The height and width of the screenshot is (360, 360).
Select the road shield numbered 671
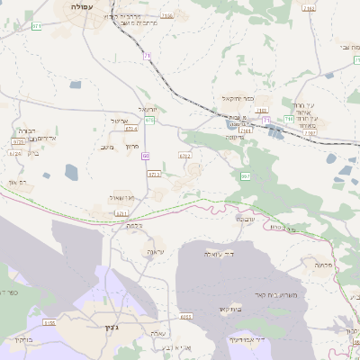click(37, 27)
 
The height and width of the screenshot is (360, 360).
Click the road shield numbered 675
click(148, 120)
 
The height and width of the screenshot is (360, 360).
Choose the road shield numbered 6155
click(49, 321)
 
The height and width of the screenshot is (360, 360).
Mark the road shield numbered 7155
click(167, 16)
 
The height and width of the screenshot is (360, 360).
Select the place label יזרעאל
click(152, 108)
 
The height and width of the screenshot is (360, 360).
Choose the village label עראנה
click(155, 253)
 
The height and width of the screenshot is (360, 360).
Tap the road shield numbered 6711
click(122, 213)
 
